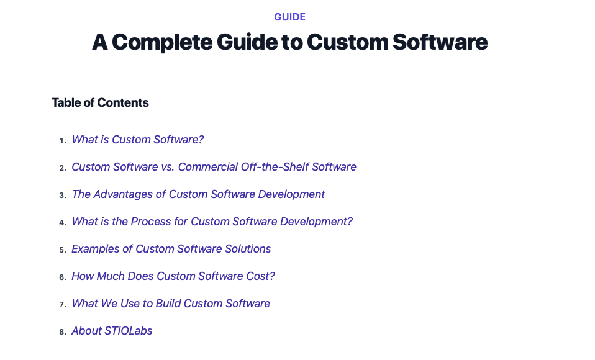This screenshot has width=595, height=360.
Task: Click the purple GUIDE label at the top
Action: [x=290, y=17]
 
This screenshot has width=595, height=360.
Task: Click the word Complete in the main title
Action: [x=162, y=42]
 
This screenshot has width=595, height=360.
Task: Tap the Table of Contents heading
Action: [x=100, y=102]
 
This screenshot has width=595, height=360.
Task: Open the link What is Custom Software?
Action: [x=138, y=140]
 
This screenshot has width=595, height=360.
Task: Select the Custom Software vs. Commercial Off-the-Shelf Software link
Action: [x=214, y=167]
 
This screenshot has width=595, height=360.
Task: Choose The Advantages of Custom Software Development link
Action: [x=199, y=194]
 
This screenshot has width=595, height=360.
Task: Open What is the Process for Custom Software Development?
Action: [x=212, y=222]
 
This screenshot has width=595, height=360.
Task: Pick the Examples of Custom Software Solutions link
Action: [x=171, y=249]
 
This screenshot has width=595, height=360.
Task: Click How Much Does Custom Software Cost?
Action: [x=173, y=276]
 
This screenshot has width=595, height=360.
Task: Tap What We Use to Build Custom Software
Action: [x=171, y=304]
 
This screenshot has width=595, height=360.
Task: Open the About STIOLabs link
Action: [x=112, y=331]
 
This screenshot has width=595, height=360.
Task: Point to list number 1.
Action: [x=63, y=141]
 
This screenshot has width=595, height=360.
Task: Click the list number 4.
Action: [x=63, y=223]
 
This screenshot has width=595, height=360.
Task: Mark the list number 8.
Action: [x=63, y=332]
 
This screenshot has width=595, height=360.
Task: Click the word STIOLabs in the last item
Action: [x=129, y=331]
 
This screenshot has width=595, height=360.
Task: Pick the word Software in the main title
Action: [x=440, y=42]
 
